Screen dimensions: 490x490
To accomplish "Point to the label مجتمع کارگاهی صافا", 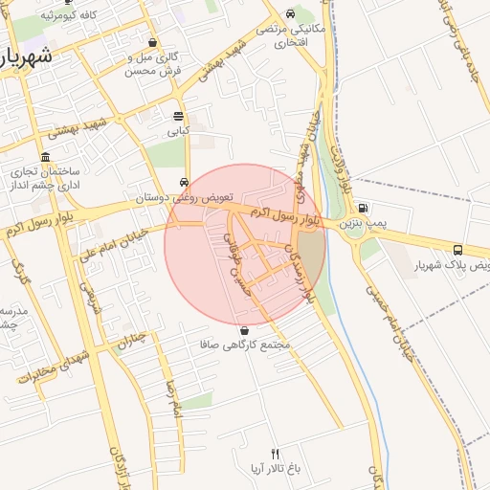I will click(x=245, y=344).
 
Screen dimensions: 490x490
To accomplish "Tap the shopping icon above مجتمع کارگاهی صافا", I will click(x=245, y=330).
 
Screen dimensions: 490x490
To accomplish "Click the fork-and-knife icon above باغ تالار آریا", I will click(x=276, y=454).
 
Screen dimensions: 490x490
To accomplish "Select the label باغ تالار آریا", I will click(x=276, y=468).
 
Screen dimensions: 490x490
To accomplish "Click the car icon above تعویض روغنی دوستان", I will click(x=183, y=183).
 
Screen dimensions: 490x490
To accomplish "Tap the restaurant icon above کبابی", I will click(x=179, y=116).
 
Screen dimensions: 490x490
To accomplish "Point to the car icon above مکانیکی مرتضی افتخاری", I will click(x=289, y=14).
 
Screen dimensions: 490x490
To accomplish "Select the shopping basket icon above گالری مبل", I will click(x=153, y=43).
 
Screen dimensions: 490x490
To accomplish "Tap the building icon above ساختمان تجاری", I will click(x=45, y=157).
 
